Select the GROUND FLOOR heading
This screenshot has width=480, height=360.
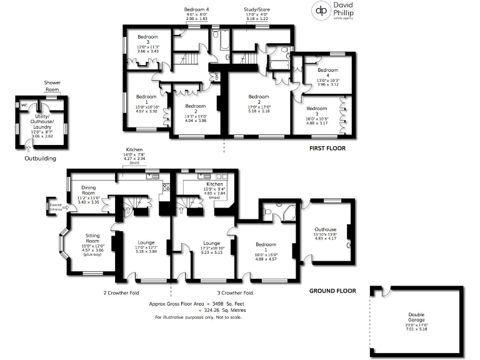point(332,291)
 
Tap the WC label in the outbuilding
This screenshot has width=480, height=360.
point(24,105)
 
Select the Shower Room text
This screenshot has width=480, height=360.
point(51,86)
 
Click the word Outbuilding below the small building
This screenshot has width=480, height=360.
point(42,158)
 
